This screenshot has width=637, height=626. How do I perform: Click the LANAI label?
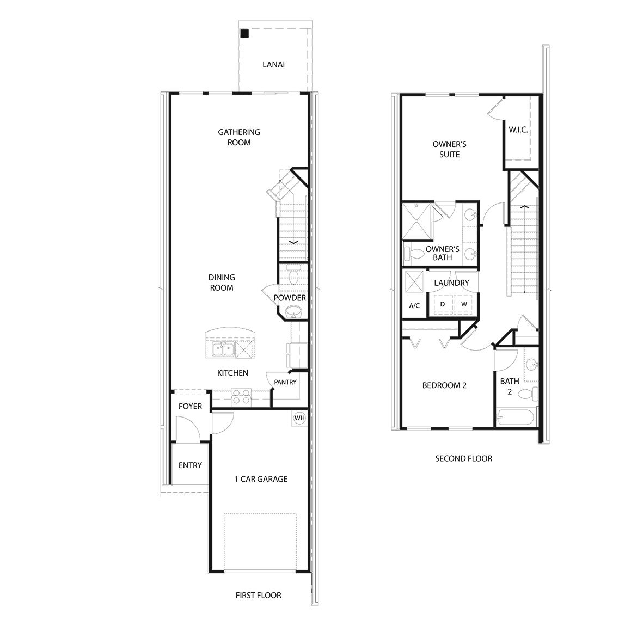point(273,64)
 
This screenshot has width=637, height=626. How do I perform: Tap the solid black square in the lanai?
point(245,34)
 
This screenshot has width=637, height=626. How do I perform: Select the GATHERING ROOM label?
point(239,137)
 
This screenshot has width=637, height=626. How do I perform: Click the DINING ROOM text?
point(222,283)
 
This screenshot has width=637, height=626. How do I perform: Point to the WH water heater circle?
point(299,418)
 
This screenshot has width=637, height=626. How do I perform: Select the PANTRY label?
point(285,382)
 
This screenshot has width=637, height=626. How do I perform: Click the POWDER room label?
point(290,298)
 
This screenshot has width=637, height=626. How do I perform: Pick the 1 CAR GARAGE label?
point(261,479)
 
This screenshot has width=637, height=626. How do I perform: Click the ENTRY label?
point(190,465)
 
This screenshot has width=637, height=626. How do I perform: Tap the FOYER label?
point(190,406)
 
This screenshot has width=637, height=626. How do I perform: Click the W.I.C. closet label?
point(518,130)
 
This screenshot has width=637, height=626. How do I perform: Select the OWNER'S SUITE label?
point(449,150)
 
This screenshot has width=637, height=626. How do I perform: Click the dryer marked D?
point(443,304)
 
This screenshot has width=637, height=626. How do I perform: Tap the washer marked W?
point(464,304)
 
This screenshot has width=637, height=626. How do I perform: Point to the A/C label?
point(414,305)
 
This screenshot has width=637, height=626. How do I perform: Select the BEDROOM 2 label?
point(444,385)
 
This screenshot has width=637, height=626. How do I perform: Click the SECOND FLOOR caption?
point(463,458)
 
